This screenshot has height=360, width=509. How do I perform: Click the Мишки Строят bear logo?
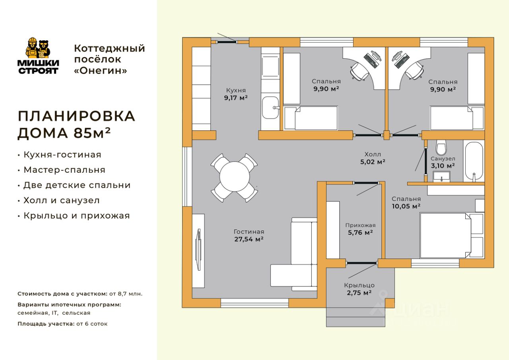(x=38, y=56)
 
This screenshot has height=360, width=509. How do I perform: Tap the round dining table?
(x=235, y=177)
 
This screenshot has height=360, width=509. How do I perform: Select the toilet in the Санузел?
(x=441, y=147)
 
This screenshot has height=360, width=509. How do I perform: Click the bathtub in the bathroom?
(x=474, y=162)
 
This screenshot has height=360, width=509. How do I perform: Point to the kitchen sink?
(x=270, y=107)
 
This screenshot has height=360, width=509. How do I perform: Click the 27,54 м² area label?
(x=249, y=239)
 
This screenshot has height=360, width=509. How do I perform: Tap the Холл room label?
(x=373, y=154)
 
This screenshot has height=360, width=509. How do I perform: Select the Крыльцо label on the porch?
(x=359, y=285)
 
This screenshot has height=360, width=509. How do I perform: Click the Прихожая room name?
(x=360, y=225)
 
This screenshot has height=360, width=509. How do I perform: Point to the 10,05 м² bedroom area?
(x=406, y=206)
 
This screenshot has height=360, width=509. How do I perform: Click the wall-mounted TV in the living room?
(x=198, y=249)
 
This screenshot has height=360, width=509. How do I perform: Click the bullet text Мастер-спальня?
(x=64, y=170)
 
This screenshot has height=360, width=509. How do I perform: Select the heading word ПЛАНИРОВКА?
(x=77, y=116)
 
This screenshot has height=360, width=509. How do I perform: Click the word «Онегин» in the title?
(x=101, y=70)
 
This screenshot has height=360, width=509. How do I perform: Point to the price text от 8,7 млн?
(x=126, y=294)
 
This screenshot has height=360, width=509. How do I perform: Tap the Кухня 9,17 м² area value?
(x=236, y=98)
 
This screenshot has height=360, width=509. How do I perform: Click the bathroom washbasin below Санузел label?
(x=441, y=177)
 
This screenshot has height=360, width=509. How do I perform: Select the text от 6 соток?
(x=92, y=324)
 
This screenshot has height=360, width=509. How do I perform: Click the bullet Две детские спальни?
(x=77, y=185)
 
